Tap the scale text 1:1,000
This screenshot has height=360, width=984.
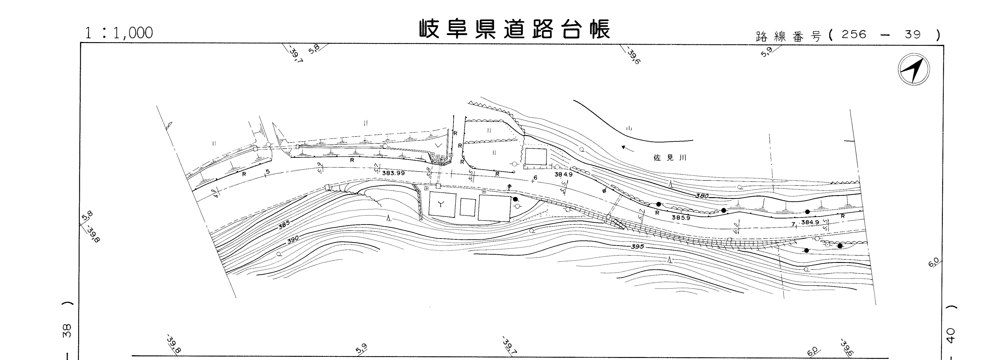point(119,33)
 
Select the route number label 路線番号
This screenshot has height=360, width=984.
point(788,36)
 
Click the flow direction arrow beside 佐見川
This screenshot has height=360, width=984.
point(628,148)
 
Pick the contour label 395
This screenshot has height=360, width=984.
point(637,246)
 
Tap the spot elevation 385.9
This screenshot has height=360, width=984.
point(681,218)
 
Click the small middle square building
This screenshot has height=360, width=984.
point(468,207)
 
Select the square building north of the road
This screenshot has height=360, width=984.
point(536,157)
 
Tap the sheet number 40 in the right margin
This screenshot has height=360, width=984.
point(951,335)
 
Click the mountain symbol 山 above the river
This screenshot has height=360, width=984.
point(629,129)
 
